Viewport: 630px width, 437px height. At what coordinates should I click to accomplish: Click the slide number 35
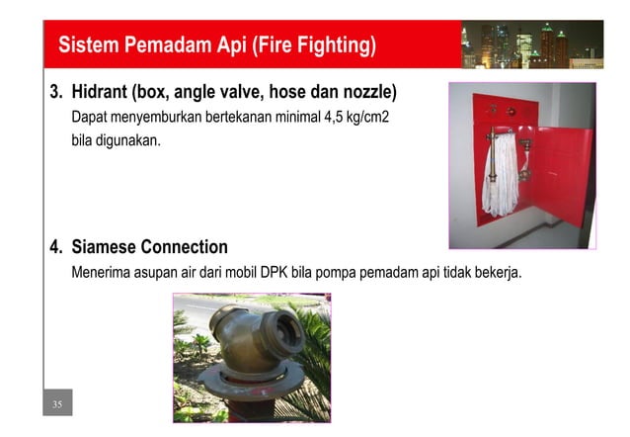[57, 404]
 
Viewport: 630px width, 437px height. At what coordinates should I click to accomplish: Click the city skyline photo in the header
[531, 44]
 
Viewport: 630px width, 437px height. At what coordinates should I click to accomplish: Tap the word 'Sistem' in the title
[86, 45]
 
